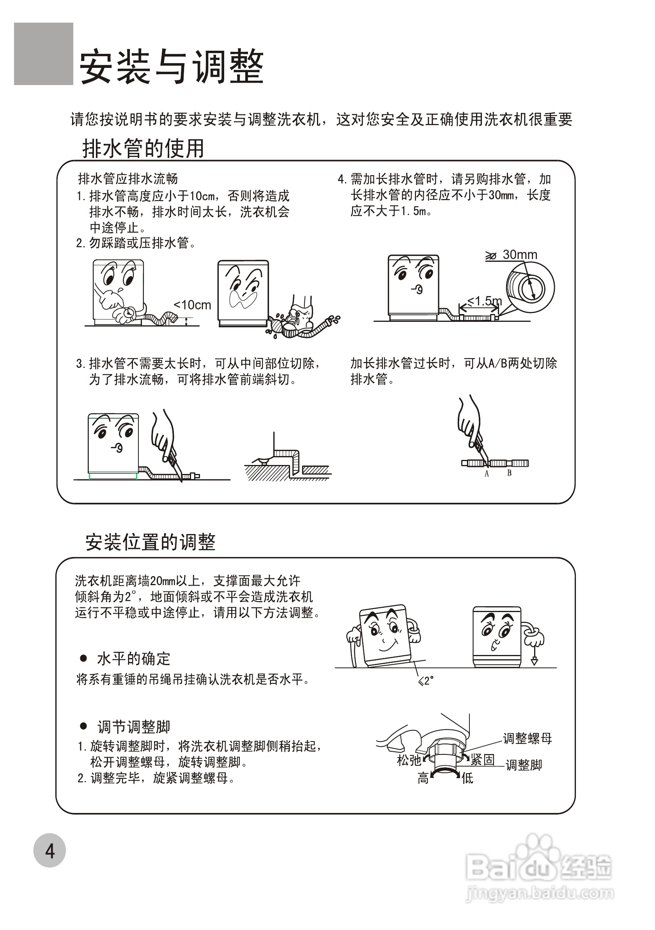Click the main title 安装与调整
tap(172, 67)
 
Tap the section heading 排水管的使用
tap(143, 148)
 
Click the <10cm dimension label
tap(192, 305)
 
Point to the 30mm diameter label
tap(519, 255)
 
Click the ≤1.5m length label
tap(485, 301)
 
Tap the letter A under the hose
tap(487, 474)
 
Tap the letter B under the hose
tap(509, 473)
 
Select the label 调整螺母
tap(527, 738)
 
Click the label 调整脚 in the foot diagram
tap(524, 765)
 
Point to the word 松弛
tap(409, 760)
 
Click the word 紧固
tap(483, 760)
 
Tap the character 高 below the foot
tap(423, 778)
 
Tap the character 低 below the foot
tap(467, 778)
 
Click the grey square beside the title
tap(43, 54)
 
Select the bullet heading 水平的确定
tap(133, 658)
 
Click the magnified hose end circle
tap(530, 288)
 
